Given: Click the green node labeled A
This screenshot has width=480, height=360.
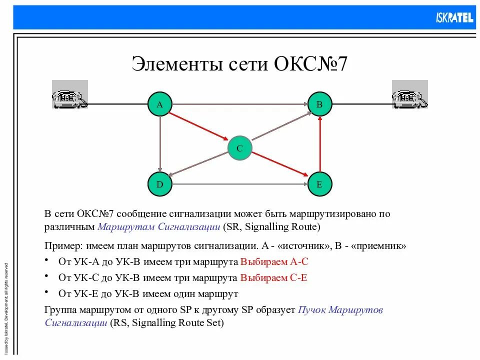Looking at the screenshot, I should [x=160, y=104].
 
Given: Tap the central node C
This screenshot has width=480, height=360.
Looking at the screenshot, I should [x=239, y=148].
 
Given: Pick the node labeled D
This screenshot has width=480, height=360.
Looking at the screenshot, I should [x=160, y=184].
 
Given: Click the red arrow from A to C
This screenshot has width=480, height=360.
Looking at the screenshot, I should [x=199, y=126].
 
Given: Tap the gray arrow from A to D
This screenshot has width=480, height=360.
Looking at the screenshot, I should [x=160, y=145].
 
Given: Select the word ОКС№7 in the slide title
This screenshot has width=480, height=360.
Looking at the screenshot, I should [x=310, y=65].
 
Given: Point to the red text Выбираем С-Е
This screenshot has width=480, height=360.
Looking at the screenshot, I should [x=273, y=277].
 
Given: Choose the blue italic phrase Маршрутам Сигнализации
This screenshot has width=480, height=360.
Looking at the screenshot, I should [x=159, y=227].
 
